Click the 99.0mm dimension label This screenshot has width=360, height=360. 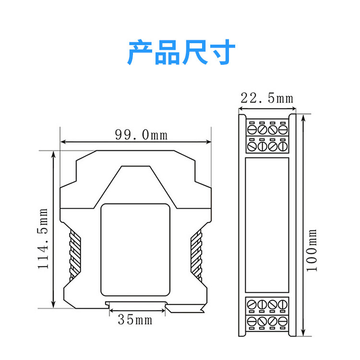coord(141,135)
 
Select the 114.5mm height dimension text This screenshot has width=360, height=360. coord(43,239)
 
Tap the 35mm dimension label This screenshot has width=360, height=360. coord(135,320)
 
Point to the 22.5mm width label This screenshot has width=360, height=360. coord(267,98)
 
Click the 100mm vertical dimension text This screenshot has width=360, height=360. coord(312,250)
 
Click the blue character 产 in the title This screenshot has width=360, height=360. coord(140,52)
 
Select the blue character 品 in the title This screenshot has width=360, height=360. coord(167,52)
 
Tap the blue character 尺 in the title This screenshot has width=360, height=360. coord(195,52)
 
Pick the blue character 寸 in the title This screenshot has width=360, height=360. coord(223,52)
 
